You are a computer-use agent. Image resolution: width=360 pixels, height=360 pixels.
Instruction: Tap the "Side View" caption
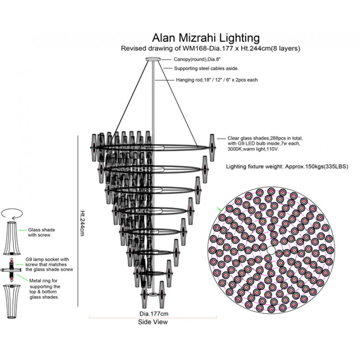153,322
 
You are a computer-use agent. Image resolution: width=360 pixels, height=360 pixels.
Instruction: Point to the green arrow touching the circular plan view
219,209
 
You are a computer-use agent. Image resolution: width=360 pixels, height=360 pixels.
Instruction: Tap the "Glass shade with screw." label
42,232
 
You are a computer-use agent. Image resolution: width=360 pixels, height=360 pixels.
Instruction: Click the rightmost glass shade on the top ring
211,143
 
